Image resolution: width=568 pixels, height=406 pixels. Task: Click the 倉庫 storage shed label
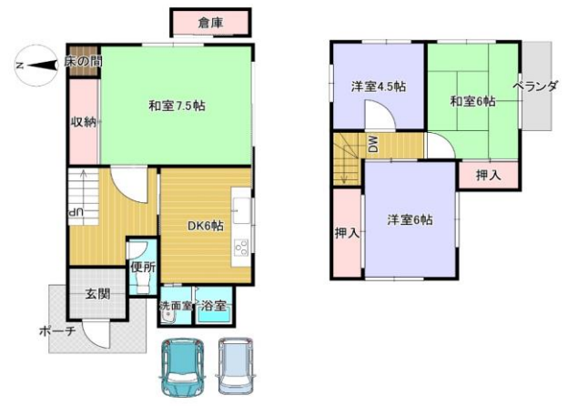coord(210,23)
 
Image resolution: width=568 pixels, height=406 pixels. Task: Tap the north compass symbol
coord(36,66)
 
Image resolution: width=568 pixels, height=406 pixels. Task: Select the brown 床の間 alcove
coord(84,60)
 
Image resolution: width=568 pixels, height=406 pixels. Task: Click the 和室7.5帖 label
coord(177,106)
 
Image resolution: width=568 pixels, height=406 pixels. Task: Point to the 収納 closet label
coord(84,122)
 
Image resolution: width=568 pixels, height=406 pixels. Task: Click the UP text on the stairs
coord(76,213)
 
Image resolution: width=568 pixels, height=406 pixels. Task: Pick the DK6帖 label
coord(205,226)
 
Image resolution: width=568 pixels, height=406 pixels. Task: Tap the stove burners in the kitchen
coord(241,249)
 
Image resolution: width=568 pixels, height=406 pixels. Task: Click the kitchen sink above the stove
coord(241,210)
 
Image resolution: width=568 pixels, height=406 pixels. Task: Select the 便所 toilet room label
coord(143,268)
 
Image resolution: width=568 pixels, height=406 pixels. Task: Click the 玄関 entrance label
coord(97,294)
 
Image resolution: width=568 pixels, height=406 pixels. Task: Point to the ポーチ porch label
coord(57,330)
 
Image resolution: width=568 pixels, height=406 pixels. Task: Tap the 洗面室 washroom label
coord(176,305)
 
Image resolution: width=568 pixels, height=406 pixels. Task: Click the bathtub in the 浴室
coord(214,318)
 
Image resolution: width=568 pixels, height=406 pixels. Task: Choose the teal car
coord(182,368)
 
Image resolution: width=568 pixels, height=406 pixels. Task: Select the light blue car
coord(236,366)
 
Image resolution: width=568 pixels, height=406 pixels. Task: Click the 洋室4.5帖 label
coord(378,86)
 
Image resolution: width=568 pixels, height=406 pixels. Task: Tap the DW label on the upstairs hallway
coord(373,144)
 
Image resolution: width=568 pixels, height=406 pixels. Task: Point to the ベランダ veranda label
coord(535,86)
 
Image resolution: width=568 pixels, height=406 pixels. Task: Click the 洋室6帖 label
coord(410,219)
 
